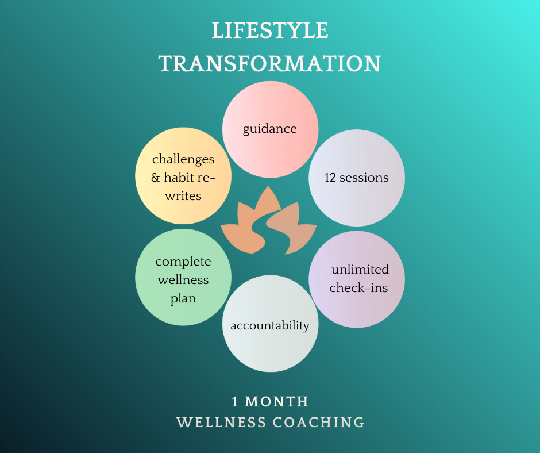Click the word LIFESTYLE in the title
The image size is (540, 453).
[x=270, y=31]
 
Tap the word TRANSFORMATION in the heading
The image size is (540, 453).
[x=270, y=64]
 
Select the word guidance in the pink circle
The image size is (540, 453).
[x=270, y=129]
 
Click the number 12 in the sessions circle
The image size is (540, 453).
[x=330, y=178]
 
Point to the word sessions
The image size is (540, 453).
[x=364, y=178]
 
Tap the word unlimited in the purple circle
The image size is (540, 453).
[x=360, y=270]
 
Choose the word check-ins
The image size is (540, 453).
[x=358, y=287]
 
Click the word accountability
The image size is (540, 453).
[x=270, y=326]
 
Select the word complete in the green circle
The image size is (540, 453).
[x=183, y=262]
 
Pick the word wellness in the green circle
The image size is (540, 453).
[x=183, y=281]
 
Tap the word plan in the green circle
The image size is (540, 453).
[x=183, y=299]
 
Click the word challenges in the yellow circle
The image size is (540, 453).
[x=183, y=159]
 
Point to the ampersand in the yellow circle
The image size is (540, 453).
[x=156, y=178]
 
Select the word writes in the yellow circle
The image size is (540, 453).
[x=183, y=196]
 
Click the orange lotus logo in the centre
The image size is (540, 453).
[x=269, y=221]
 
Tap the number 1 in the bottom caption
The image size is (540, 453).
[x=236, y=401]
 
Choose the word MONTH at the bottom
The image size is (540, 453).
[x=277, y=401]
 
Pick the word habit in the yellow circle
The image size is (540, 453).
[x=181, y=178]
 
